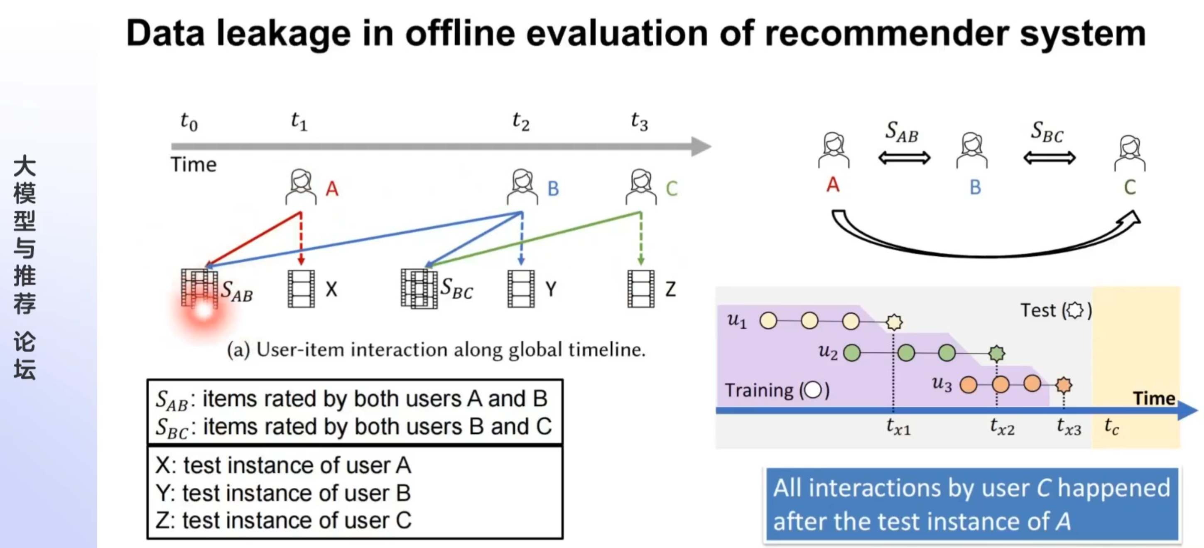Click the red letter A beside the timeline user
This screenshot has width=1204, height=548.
pos(332,189)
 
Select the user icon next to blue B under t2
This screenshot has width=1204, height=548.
pos(522,187)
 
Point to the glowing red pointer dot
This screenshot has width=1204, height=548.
pos(204,310)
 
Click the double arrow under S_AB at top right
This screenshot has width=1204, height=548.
pos(905,157)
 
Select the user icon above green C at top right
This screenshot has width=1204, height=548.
pos(1130,153)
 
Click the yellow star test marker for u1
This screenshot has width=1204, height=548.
pos(894,322)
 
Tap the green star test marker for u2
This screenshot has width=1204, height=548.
pos(996,353)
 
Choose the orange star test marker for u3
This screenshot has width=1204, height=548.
pos(1064,385)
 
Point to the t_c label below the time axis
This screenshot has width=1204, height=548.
pos(1111,426)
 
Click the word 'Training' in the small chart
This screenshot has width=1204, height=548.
pos(759,390)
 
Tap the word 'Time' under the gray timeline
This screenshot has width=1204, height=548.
pos(194,165)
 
